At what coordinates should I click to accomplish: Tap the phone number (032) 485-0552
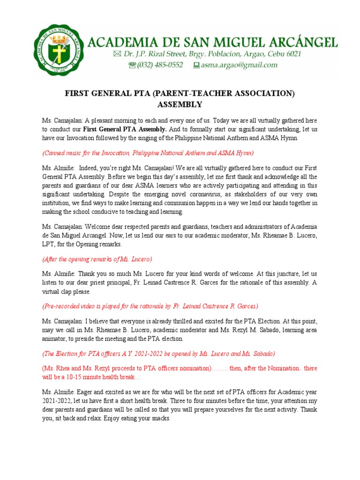point(160,65)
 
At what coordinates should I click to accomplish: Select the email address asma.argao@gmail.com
point(239,65)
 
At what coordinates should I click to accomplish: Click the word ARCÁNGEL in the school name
point(302,43)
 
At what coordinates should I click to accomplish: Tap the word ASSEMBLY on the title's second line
point(180,105)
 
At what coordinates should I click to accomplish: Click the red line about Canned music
point(148,153)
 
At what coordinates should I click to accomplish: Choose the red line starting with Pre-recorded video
point(150,306)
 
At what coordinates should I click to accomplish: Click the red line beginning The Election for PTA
point(158,353)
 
